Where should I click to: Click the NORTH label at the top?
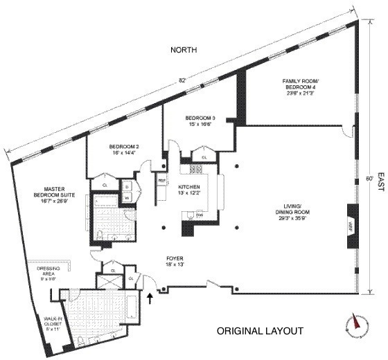[186, 51]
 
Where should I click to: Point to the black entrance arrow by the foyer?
[150, 298]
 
